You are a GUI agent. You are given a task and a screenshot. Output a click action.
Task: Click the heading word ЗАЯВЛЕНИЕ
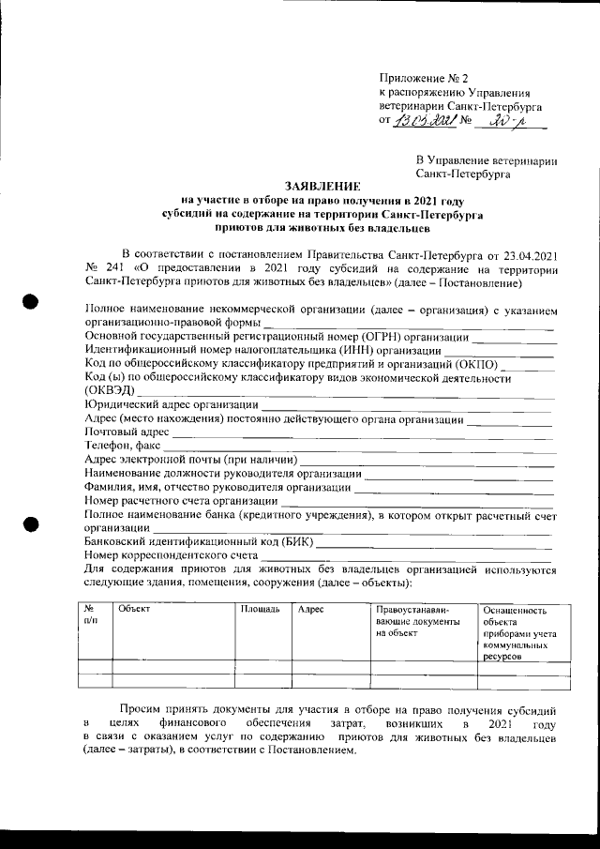point(321,187)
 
